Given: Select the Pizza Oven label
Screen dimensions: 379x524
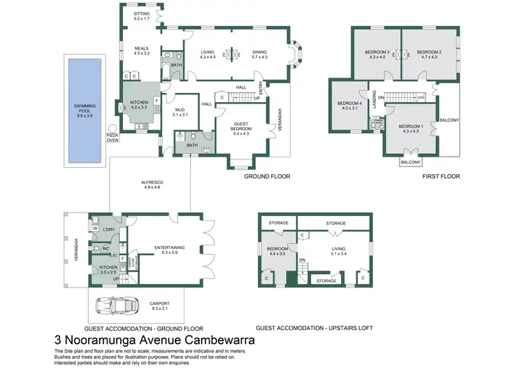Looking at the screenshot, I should (112, 137).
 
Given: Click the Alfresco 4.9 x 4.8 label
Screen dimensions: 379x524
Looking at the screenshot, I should (152, 185).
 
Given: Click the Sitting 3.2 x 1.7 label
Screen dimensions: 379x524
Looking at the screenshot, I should (142, 16).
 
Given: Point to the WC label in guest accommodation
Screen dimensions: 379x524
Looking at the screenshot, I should (107, 248).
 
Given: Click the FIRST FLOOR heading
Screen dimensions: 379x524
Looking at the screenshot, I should (442, 177).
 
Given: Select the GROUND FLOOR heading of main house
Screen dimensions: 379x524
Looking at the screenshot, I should (267, 177).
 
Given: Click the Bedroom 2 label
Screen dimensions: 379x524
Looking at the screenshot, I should (431, 55).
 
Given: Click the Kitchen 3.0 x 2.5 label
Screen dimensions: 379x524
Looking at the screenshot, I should (108, 269).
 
